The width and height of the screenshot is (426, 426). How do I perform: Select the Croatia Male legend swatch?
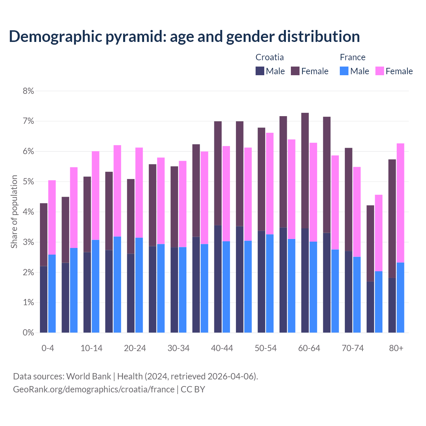(260, 71)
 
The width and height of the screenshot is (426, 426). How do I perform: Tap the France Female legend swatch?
(379, 71)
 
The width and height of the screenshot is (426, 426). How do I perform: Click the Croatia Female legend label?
(315, 71)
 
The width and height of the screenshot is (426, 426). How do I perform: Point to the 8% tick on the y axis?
(28, 91)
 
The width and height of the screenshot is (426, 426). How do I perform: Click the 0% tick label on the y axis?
(28, 332)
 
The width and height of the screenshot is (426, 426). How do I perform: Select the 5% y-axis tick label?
(28, 182)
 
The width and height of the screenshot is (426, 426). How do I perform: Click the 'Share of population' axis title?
(14, 212)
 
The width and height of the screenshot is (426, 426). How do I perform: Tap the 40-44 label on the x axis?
(222, 348)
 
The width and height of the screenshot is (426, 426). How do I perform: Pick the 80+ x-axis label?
(396, 348)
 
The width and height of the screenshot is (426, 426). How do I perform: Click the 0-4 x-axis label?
(48, 348)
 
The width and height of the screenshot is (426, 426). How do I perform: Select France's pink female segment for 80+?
(400, 203)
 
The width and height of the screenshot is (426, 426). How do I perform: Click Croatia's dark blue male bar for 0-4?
(44, 300)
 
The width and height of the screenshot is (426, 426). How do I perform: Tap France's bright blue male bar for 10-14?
(96, 286)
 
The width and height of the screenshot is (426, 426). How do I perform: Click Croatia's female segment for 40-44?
(218, 173)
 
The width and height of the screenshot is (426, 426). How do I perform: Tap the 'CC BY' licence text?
(193, 389)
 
